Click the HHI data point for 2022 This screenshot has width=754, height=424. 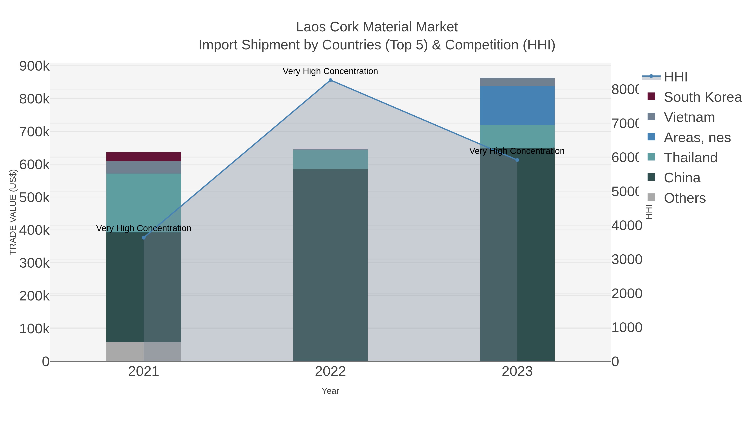331,80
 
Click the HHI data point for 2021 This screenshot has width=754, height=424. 144,238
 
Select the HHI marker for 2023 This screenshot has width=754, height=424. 517,160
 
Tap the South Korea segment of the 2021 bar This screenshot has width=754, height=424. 144,157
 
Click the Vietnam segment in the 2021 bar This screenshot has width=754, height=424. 144,167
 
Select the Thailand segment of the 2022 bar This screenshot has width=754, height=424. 331,159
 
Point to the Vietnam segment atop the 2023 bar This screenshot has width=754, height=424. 517,82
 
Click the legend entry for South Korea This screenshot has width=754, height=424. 702,97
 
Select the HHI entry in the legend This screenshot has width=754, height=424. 675,77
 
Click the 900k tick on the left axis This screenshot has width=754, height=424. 34,66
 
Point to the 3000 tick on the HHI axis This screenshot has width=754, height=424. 627,260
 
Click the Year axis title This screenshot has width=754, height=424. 331,391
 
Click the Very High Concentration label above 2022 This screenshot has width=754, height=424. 331,71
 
